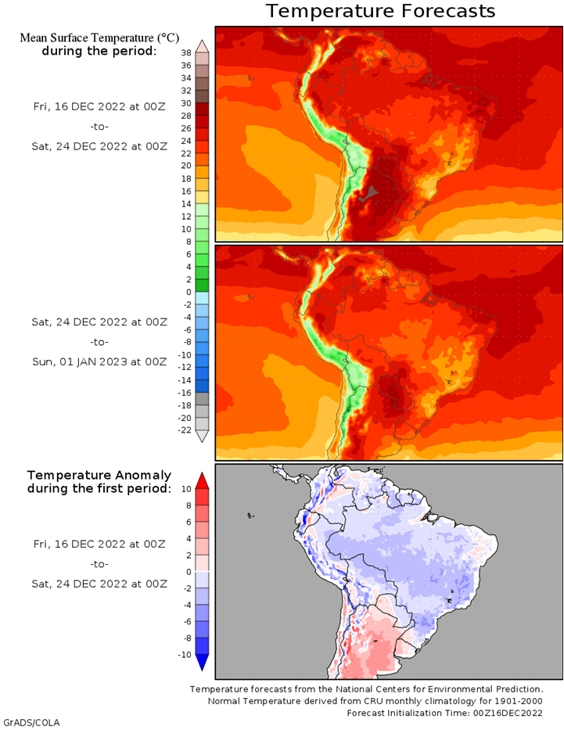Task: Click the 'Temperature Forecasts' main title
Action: tap(380, 11)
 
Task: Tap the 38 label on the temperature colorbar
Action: tap(186, 53)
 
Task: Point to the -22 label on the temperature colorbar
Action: tap(185, 430)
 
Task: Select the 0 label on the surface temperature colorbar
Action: tap(189, 293)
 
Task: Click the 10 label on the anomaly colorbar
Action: tap(186, 489)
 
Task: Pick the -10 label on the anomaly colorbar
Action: tap(185, 655)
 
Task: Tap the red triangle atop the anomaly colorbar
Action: tap(202, 480)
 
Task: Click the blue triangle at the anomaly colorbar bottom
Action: tap(202, 663)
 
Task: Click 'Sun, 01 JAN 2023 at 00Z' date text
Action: tap(99, 361)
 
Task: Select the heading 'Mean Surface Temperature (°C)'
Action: tap(99, 38)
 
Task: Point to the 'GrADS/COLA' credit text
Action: tap(31, 723)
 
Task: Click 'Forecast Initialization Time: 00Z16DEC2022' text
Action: tap(444, 713)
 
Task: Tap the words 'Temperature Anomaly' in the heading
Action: tap(99, 476)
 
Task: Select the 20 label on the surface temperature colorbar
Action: tap(186, 166)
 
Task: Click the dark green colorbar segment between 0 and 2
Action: tap(202, 286)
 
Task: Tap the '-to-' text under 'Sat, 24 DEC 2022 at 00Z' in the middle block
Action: tap(99, 342)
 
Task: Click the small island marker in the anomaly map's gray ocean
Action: tap(251, 516)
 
